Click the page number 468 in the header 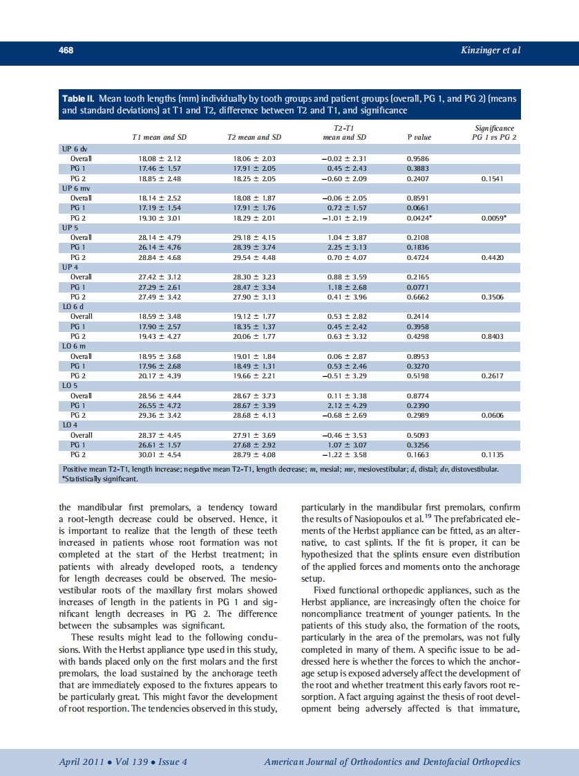pos(66,50)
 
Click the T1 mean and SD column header pos(160,137)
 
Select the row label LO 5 pos(70,386)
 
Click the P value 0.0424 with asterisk pos(419,218)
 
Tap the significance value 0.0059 pos(493,218)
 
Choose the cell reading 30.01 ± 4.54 pos(160,455)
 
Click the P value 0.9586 pos(418,158)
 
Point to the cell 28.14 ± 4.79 pos(160,238)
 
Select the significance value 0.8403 pos(492,336)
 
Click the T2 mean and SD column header pos(254,137)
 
